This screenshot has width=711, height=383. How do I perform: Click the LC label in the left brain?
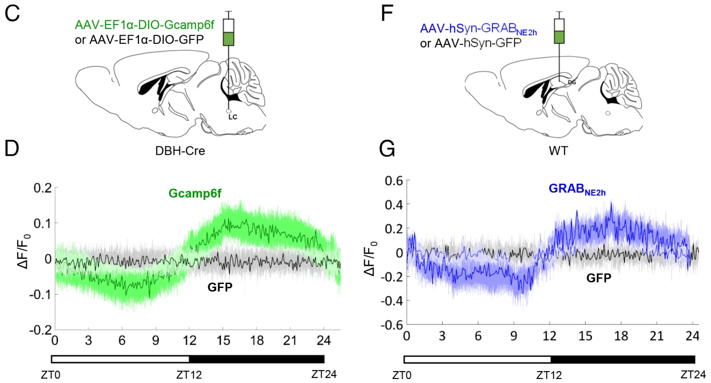click(232, 118)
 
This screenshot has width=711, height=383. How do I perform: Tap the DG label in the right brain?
click(573, 83)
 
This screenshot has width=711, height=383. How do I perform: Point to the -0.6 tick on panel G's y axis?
click(387, 326)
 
